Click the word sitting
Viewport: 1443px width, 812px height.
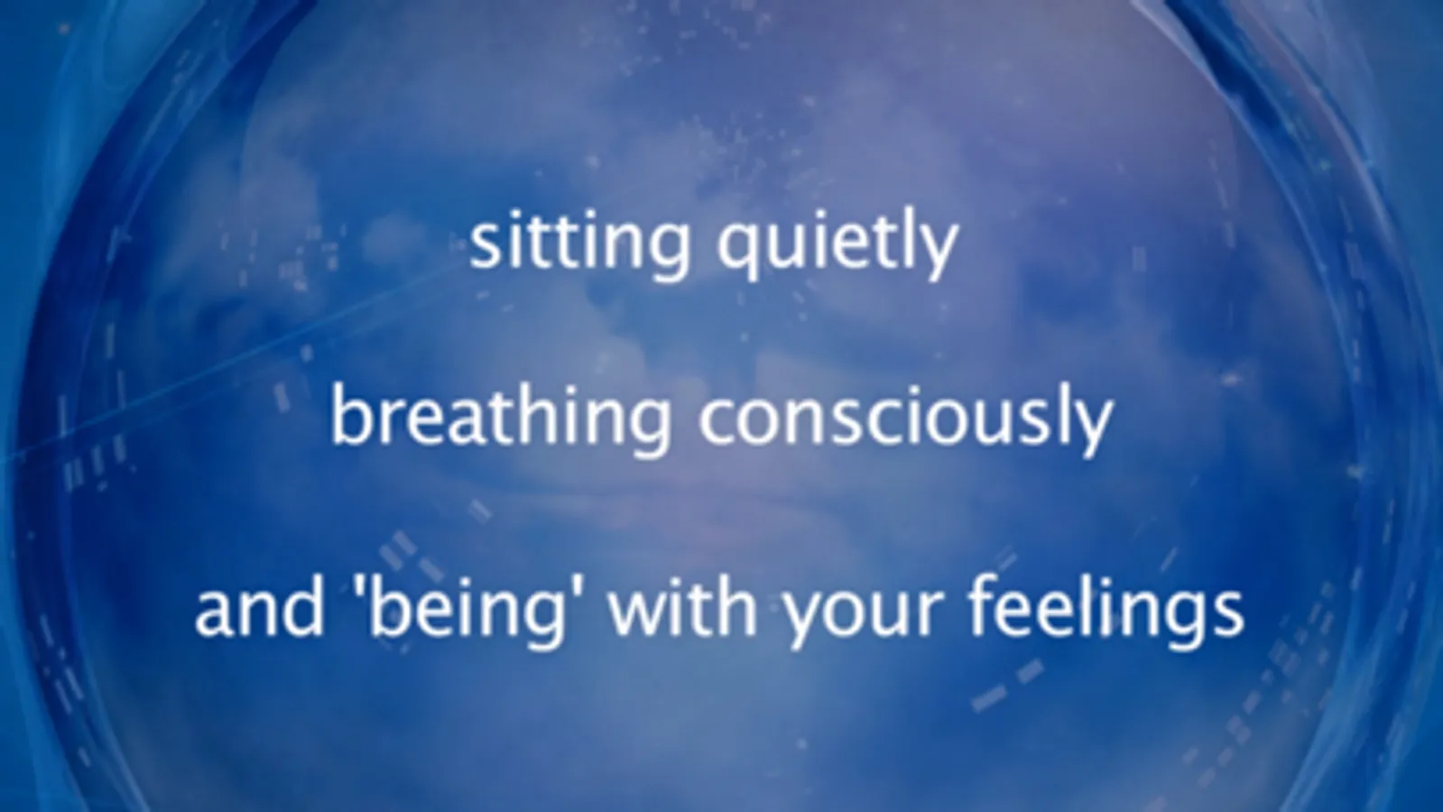[x=579, y=248]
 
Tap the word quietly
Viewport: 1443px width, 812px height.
[x=838, y=248]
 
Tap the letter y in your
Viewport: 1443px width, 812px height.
[x=807, y=621]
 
